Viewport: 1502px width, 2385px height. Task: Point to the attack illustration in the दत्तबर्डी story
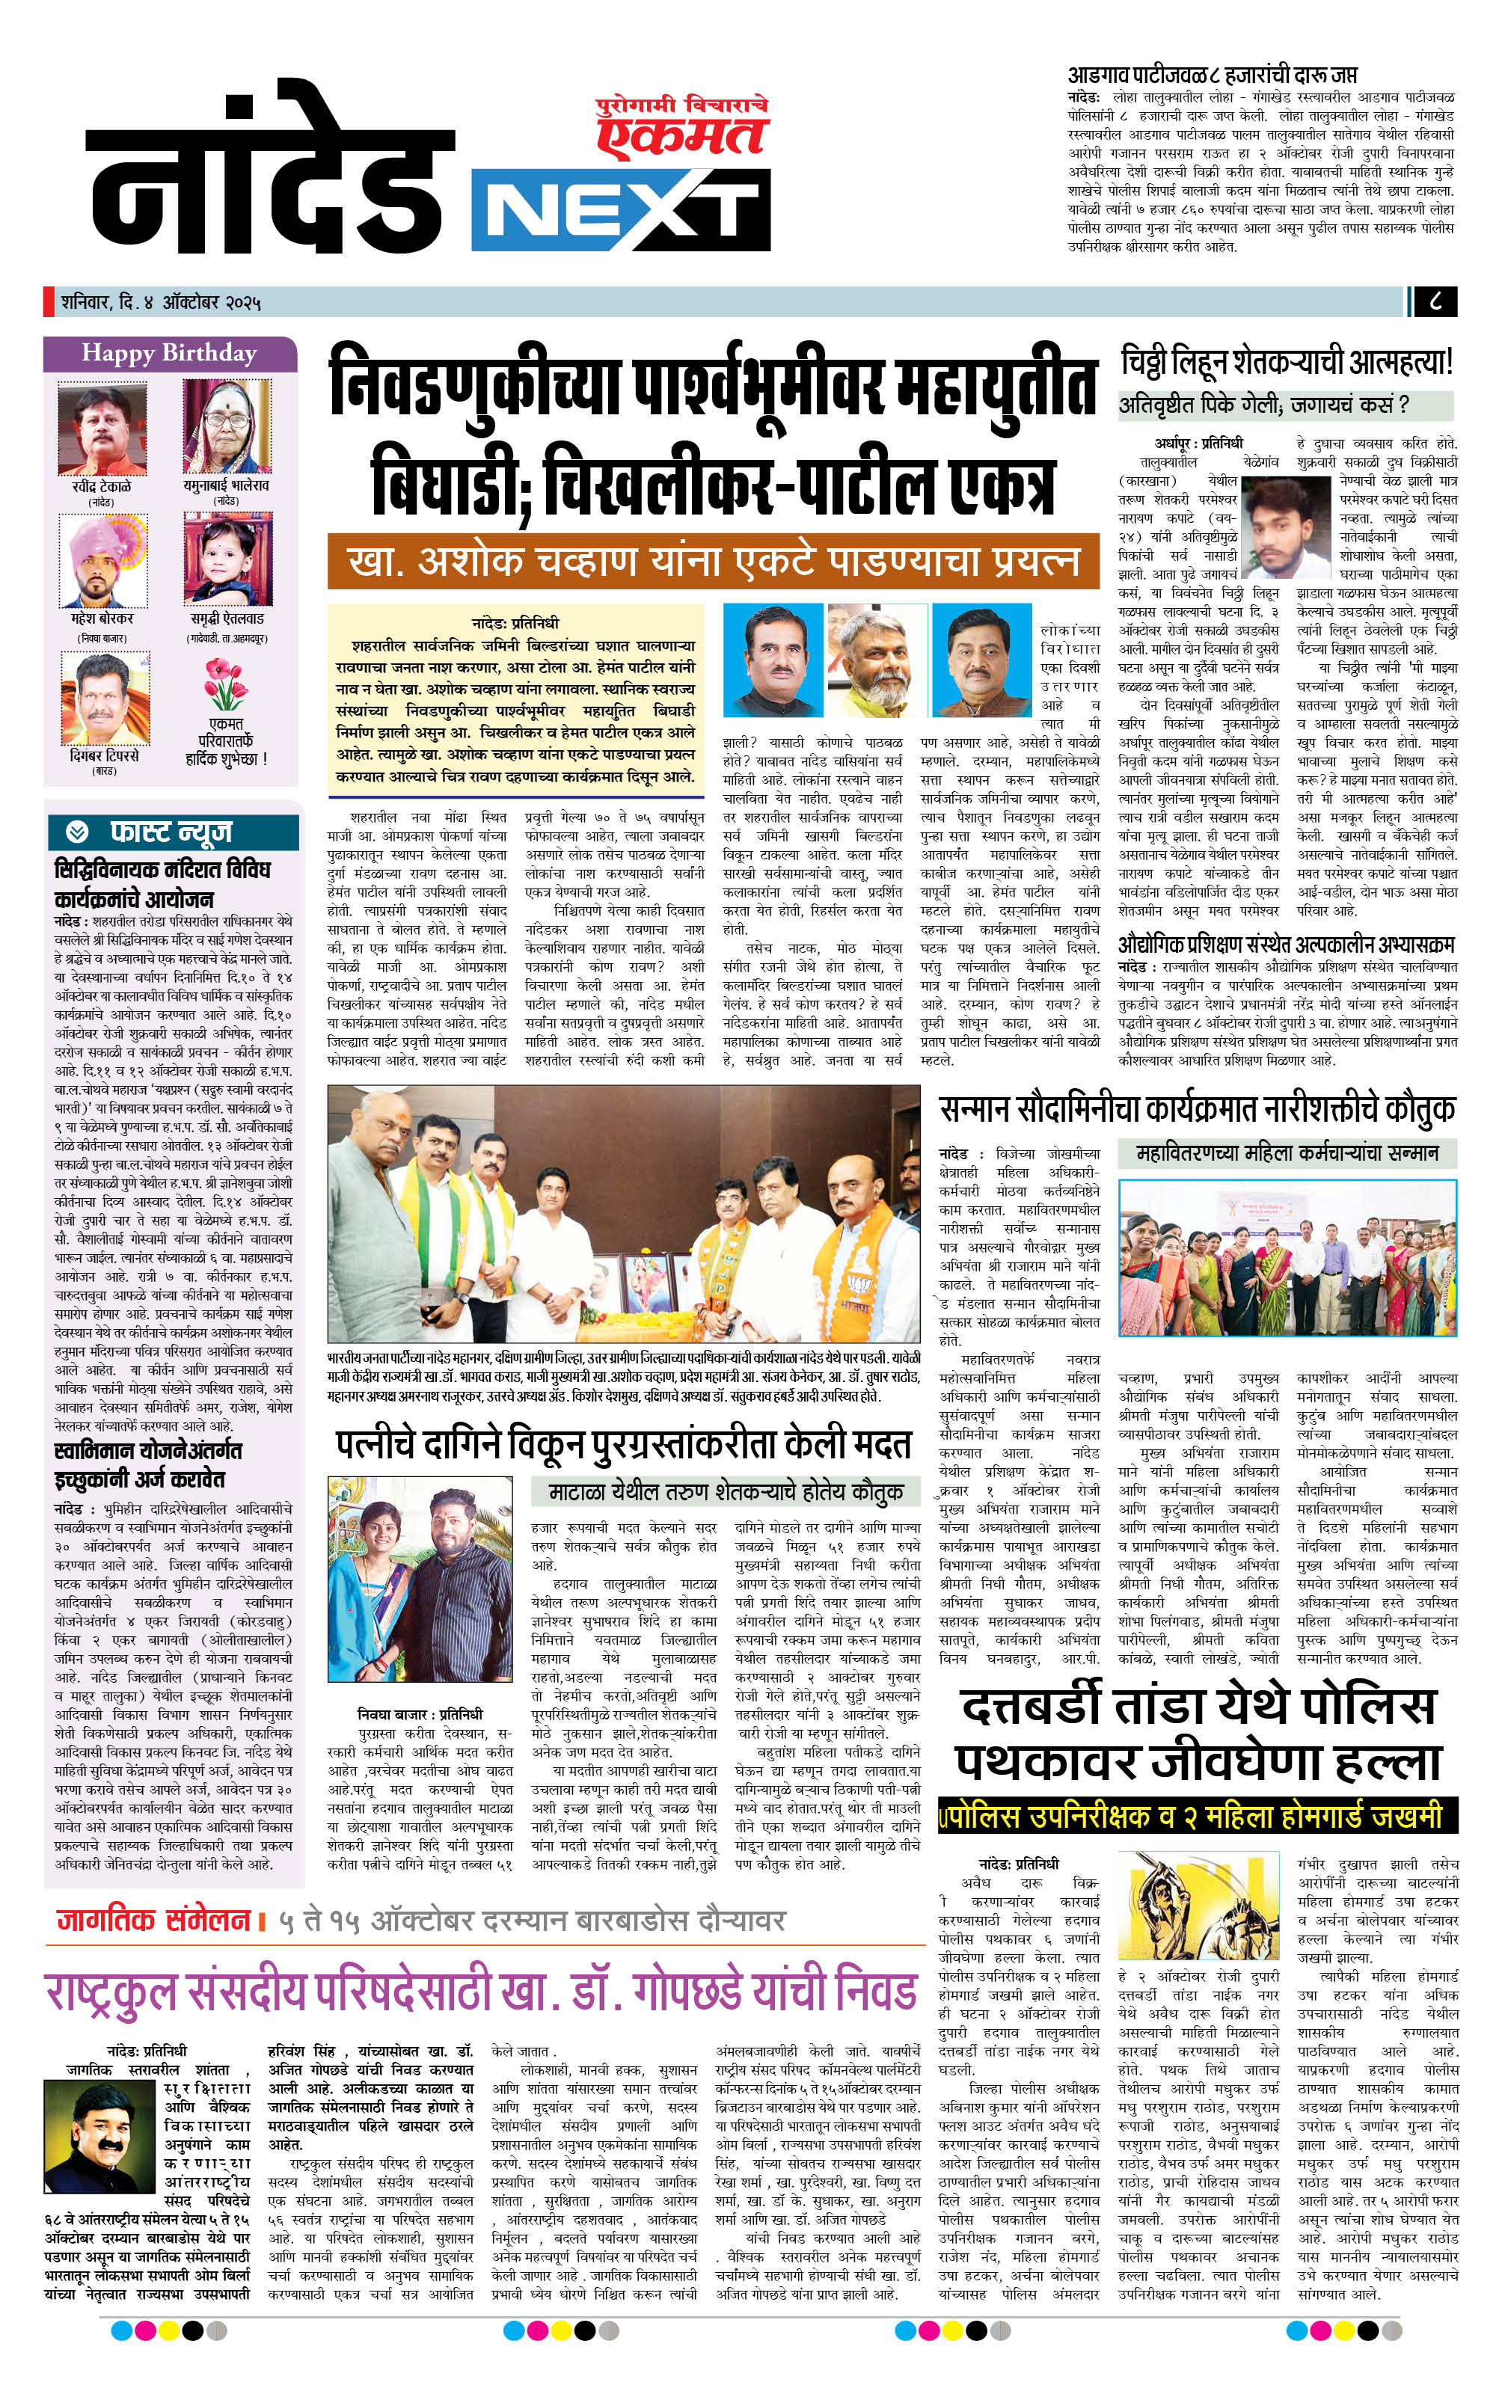[x=1202, y=1902]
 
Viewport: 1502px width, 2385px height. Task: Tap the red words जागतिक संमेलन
[x=153, y=1921]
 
